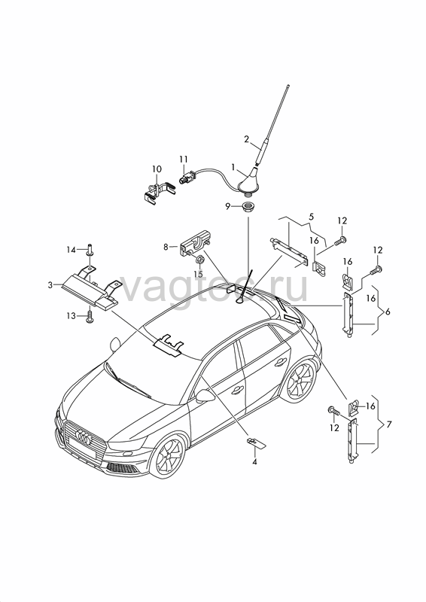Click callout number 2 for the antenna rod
coord(246,138)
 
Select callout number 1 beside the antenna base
coord(233,167)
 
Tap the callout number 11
coord(183,159)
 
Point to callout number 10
coord(157,169)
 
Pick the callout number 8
coord(166,247)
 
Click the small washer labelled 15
coord(199,260)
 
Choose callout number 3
coord(50,285)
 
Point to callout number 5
coord(311,217)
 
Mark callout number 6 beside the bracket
coord(387,312)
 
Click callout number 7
coord(388,424)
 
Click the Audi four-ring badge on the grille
coord(83,437)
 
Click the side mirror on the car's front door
coord(205,396)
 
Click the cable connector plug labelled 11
coord(187,178)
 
